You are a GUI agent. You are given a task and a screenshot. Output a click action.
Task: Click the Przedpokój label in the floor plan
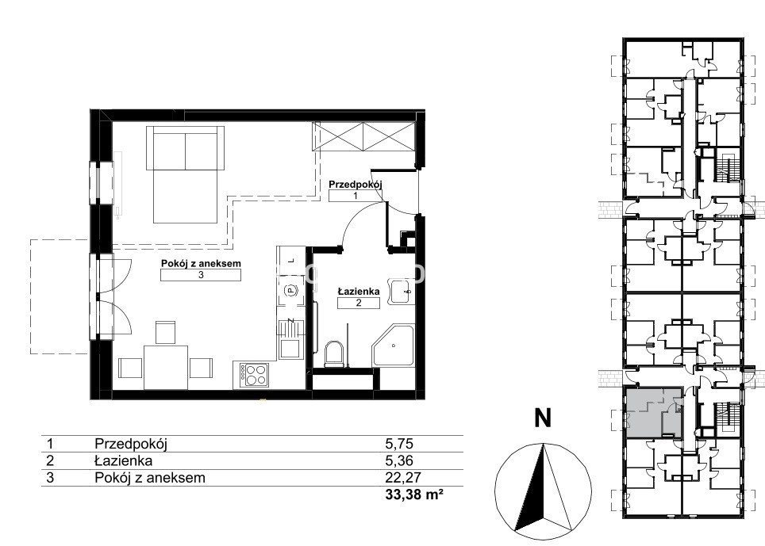pos(355,185)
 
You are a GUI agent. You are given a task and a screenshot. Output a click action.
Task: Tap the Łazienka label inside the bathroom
pos(359,292)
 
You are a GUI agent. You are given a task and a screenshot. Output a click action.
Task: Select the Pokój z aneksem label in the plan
pos(201,264)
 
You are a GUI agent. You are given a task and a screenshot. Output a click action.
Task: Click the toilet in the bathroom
pos(334,353)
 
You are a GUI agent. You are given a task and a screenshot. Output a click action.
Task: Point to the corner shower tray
pos(394,346)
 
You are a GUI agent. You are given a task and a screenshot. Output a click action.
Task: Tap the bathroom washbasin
pos(402,292)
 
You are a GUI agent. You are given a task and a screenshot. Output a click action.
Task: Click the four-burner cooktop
pos(254,375)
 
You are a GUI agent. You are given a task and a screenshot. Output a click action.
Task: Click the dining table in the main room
pos(166,367)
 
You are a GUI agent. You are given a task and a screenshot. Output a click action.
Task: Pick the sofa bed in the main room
pos(185,174)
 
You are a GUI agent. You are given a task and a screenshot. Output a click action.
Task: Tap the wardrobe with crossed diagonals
pos(363,136)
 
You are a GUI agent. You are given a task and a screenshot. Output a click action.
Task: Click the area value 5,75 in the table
pos(399,444)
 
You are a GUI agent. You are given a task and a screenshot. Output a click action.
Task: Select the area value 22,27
pos(403,477)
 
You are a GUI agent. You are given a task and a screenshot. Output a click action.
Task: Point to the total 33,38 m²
pos(414,494)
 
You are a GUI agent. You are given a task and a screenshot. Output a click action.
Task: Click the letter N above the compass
pos(543,418)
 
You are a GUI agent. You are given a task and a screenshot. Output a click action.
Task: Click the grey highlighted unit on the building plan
pos(652,412)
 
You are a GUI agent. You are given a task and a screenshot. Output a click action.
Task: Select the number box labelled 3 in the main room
pos(201,275)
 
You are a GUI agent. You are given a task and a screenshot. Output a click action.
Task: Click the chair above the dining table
pos(165,332)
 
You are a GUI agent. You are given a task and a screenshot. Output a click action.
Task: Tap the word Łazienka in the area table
pos(124,460)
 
